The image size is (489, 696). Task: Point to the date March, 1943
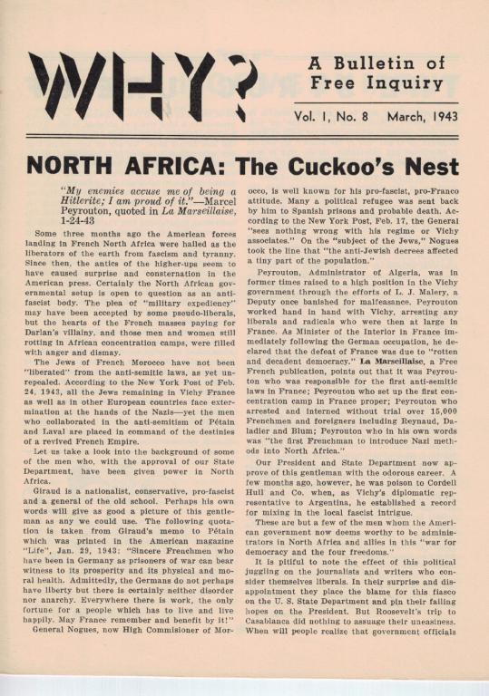click(x=416, y=115)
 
